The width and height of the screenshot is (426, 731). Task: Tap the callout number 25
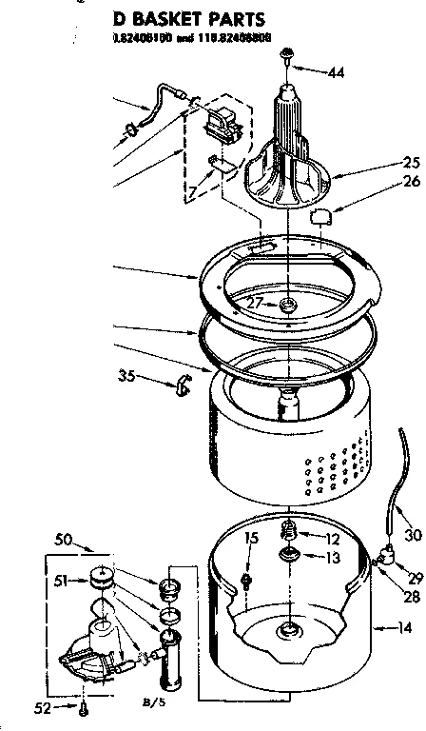pos(410,162)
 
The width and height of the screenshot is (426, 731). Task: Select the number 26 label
pos(410,182)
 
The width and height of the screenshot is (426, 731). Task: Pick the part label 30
pos(412,535)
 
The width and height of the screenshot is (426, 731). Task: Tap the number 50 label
pos(65,540)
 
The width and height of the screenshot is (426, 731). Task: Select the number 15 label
pos(250,540)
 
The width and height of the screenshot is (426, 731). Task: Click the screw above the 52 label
pos(84,705)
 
